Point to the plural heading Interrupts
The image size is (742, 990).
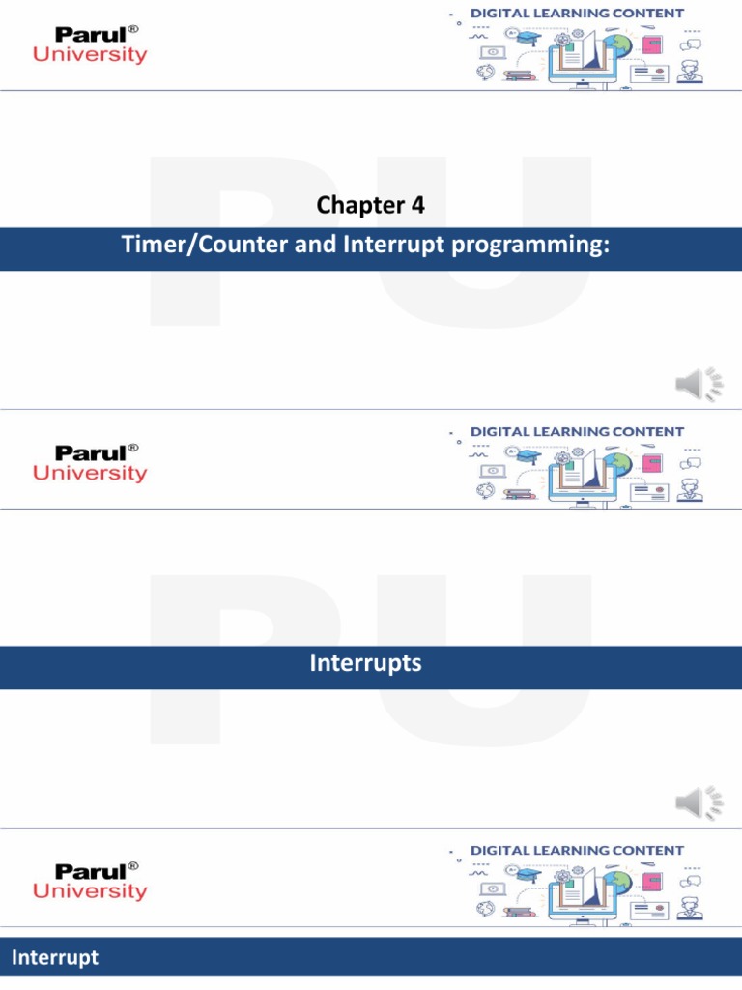(x=365, y=663)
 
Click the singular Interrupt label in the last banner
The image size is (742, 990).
(x=54, y=958)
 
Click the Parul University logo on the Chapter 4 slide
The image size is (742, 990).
(x=91, y=45)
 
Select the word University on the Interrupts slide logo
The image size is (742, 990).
(x=91, y=474)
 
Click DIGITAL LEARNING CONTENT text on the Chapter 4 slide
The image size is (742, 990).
(x=577, y=14)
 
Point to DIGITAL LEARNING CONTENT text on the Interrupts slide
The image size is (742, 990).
(x=577, y=432)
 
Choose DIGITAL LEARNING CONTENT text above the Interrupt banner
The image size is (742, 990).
(x=577, y=851)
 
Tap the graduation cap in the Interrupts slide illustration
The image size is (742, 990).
(x=528, y=455)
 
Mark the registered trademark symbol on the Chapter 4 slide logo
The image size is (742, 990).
(x=133, y=29)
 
